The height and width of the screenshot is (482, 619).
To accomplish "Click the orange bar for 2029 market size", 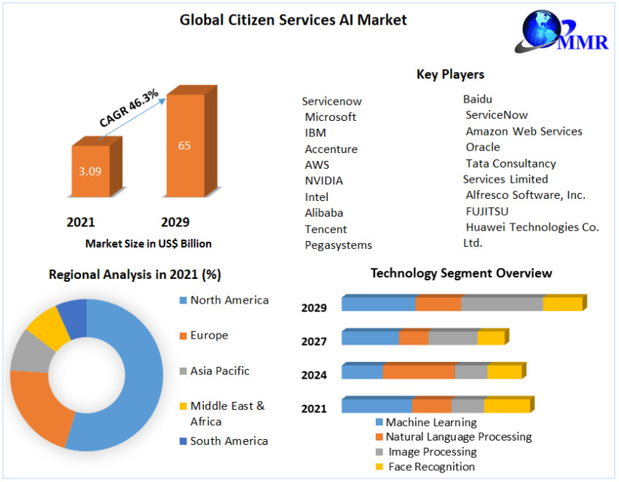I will pyautogui.click(x=185, y=160).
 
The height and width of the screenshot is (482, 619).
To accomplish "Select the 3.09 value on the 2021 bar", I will pyautogui.click(x=90, y=172).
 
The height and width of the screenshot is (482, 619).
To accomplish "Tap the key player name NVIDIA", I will pyautogui.click(x=323, y=181).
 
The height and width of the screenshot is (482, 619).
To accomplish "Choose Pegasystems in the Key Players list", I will pyautogui.click(x=338, y=245).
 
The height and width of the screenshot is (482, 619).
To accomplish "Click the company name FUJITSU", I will pyautogui.click(x=487, y=211).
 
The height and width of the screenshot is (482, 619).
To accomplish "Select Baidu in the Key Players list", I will pyautogui.click(x=478, y=99).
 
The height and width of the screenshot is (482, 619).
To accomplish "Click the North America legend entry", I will pyautogui.click(x=229, y=300).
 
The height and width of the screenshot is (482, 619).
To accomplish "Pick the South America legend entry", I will pyautogui.click(x=229, y=440).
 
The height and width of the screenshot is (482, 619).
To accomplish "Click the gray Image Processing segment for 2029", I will pyautogui.click(x=502, y=304).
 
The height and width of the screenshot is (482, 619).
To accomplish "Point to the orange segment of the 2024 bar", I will pyautogui.click(x=419, y=372).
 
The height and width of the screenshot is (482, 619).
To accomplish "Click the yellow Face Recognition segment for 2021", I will pyautogui.click(x=506, y=406).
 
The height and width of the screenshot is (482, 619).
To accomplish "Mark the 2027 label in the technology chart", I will pyautogui.click(x=314, y=341).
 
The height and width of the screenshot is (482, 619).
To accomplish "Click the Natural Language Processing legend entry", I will pyautogui.click(x=458, y=437).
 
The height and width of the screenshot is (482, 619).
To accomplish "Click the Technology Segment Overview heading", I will pyautogui.click(x=461, y=273).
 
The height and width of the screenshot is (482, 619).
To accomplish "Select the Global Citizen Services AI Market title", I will pyautogui.click(x=293, y=20).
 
